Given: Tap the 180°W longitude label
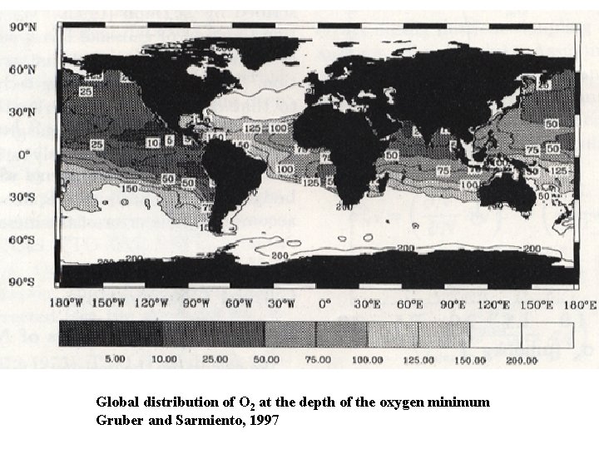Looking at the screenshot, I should click(66, 304).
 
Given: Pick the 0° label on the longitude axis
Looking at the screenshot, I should click(326, 304).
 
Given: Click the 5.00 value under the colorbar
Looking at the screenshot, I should click(115, 359).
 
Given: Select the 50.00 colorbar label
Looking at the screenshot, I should click(267, 359).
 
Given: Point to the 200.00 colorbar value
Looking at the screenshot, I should click(522, 360).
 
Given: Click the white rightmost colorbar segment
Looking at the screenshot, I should click(547, 334).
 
